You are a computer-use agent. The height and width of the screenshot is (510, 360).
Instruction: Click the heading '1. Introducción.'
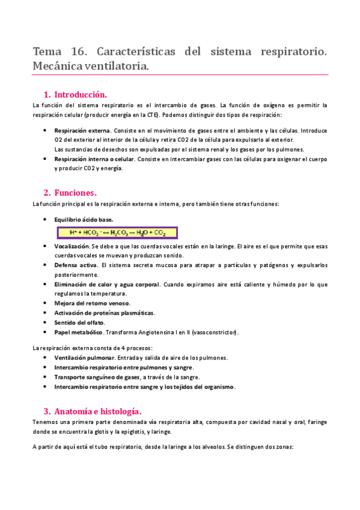click(81, 94)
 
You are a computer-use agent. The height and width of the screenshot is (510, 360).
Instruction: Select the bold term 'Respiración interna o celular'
click(94, 159)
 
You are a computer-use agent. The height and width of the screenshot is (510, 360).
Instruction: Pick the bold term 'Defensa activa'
click(76, 265)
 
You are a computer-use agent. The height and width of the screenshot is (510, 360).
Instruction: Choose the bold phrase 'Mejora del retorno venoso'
click(92, 303)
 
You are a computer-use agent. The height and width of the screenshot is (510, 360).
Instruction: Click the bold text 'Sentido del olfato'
click(80, 322)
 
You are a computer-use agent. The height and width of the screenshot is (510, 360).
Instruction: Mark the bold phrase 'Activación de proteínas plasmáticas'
click(104, 313)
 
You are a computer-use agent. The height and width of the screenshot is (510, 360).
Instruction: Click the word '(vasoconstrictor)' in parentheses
click(211, 332)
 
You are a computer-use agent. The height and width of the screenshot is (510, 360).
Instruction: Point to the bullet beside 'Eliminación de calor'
click(46, 284)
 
